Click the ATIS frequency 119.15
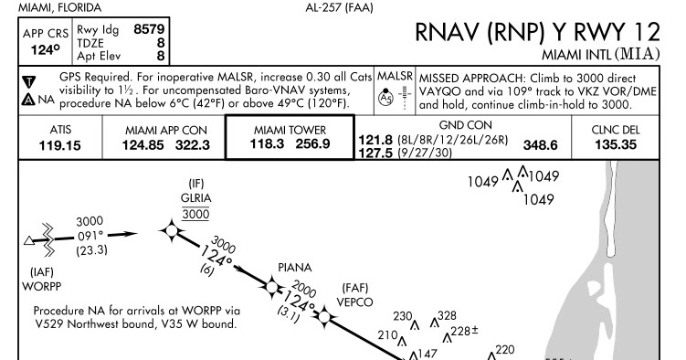click(59, 144)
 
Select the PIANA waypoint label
click(295, 268)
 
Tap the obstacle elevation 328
click(447, 315)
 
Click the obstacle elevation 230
click(402, 315)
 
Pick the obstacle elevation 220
click(504, 349)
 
